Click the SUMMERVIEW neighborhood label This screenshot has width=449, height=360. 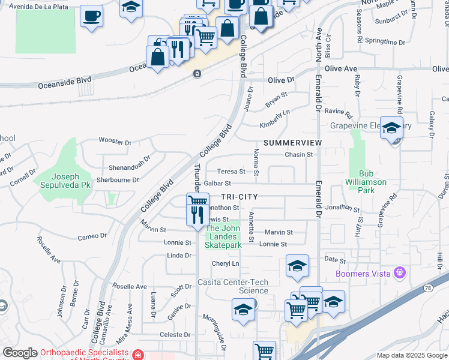tap(292, 143)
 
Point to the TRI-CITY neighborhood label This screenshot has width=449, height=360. tap(240, 197)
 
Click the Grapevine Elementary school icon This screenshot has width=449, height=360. tap(391, 128)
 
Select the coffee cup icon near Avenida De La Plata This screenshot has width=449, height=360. tap(91, 16)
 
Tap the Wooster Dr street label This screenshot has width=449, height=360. tap(115, 142)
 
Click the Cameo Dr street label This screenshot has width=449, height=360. tap(92, 236)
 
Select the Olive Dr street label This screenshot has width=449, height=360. tap(281, 80)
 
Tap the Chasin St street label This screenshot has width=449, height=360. tap(298, 154)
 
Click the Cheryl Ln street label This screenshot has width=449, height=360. tap(225, 263)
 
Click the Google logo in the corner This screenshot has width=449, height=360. tap(20, 353)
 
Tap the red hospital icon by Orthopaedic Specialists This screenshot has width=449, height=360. tap(138, 355)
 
